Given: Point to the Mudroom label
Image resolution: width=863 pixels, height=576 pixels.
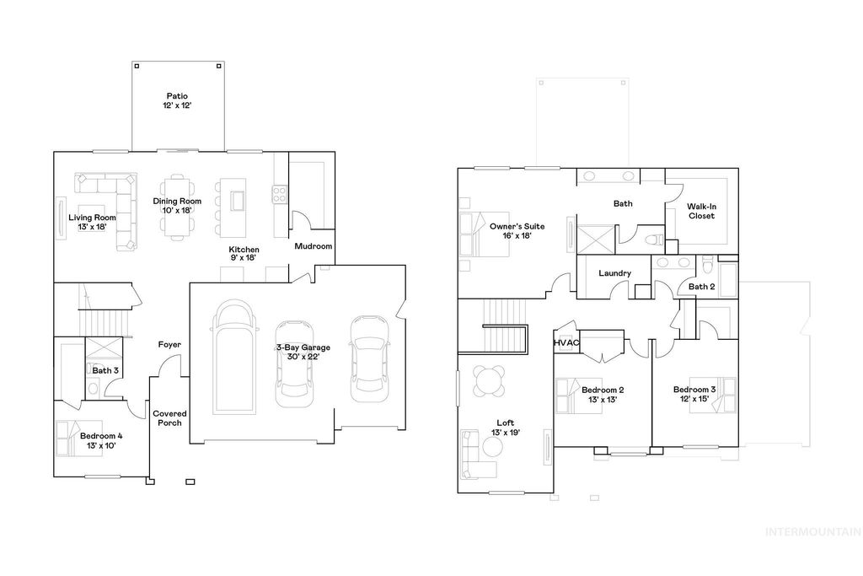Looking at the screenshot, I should click(x=313, y=246).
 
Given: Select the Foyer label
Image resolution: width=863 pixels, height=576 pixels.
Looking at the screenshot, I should click(x=169, y=345).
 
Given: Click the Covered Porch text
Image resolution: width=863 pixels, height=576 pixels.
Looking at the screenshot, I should click(x=169, y=418).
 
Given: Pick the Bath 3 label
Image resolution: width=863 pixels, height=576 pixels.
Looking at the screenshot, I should click(x=105, y=370).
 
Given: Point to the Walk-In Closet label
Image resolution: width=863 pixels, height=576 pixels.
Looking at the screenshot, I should click(x=700, y=211).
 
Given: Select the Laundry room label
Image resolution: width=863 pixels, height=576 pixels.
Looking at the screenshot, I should click(x=614, y=273).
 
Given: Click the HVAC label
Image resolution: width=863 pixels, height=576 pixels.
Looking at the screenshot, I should click(x=566, y=343).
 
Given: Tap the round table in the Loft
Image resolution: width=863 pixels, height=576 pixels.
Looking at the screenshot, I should click(x=490, y=380).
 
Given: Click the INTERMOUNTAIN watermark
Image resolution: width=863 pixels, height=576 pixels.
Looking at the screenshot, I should click(x=812, y=532).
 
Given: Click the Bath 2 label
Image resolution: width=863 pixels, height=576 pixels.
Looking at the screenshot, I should click(x=701, y=287).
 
